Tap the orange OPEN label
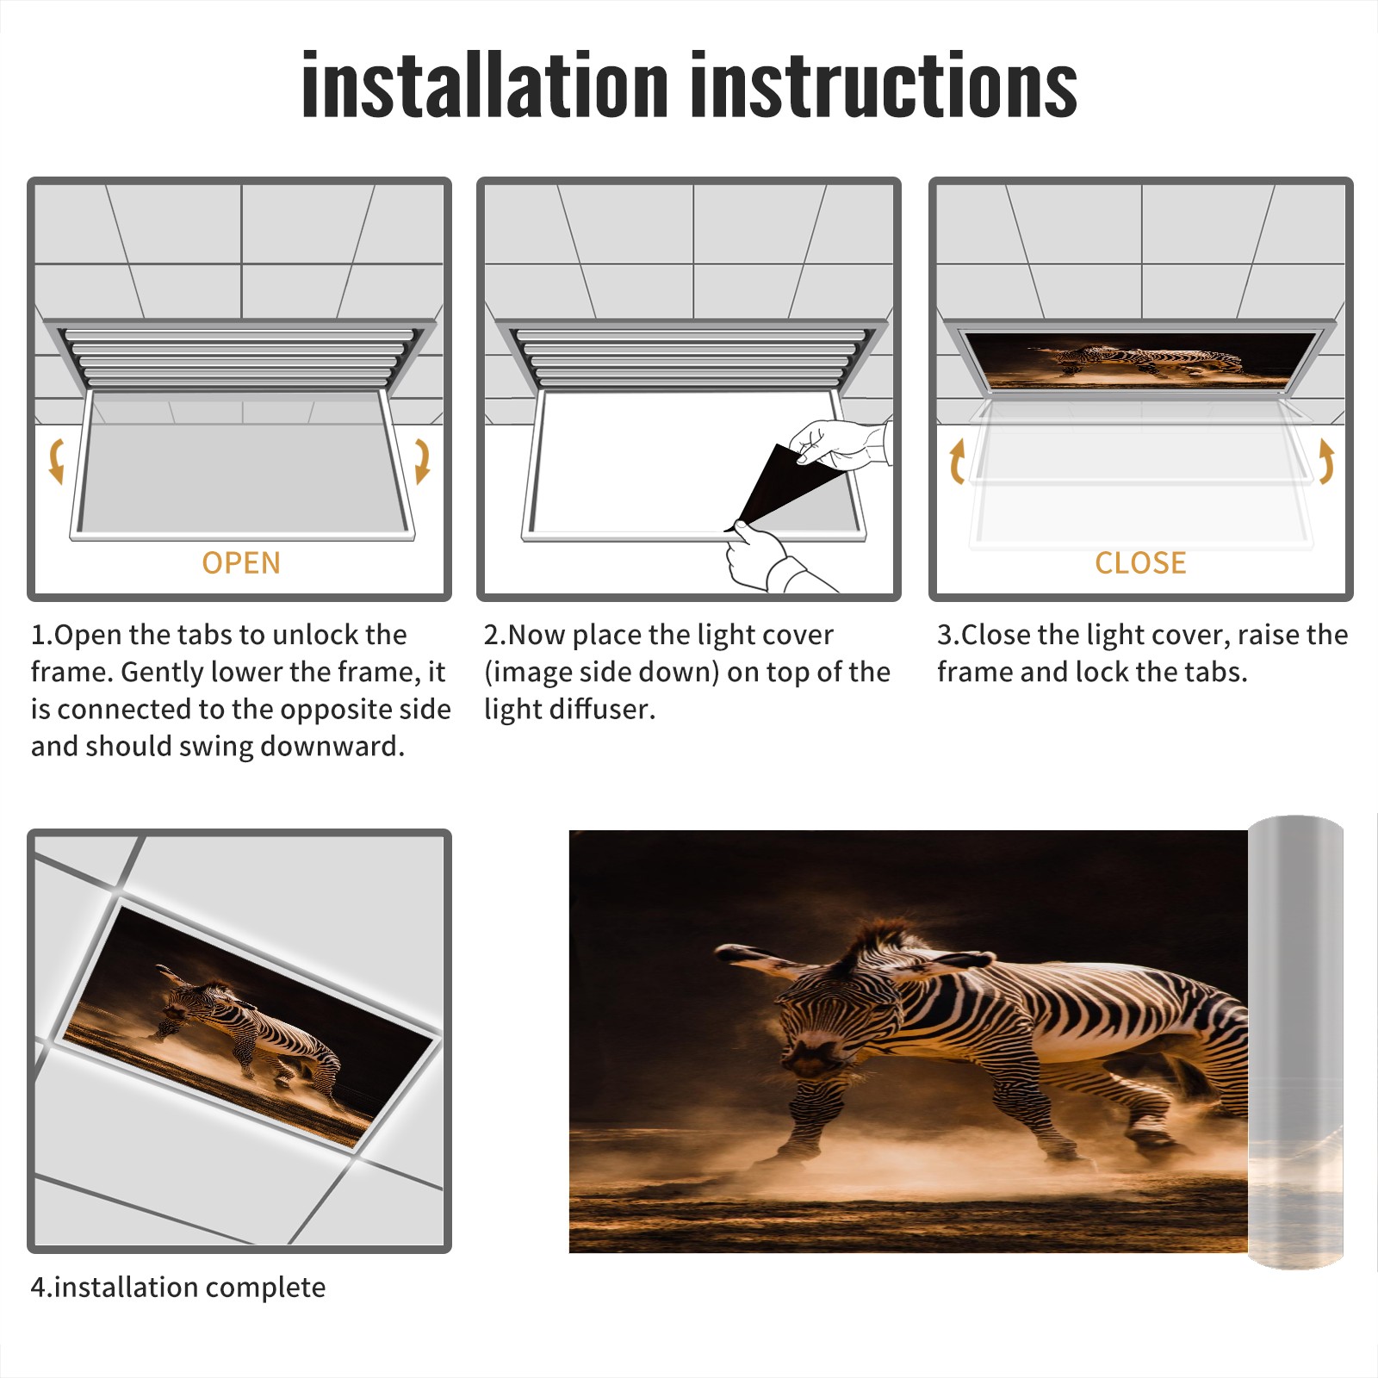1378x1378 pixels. [x=241, y=562]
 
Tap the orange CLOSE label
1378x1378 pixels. [x=1140, y=562]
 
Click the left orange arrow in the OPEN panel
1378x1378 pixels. [x=57, y=461]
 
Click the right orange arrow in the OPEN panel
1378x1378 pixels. [x=422, y=461]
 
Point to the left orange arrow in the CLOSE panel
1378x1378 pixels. [x=956, y=461]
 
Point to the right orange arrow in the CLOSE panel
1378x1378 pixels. [x=1326, y=461]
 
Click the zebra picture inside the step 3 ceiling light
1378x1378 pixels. [x=1139, y=360]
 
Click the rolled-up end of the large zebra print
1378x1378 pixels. [x=1295, y=1042]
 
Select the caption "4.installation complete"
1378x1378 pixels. [x=178, y=1288]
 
